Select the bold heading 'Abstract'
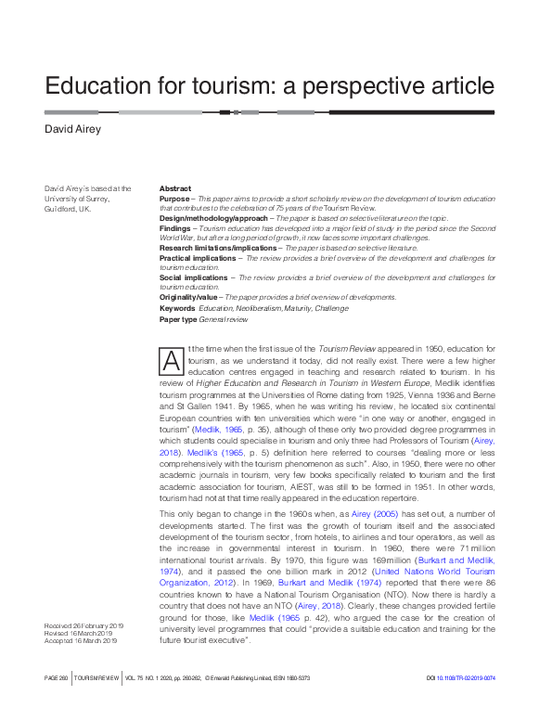174,188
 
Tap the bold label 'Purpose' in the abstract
173,199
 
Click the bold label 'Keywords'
177,307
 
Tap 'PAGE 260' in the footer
57,704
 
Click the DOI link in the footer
476,704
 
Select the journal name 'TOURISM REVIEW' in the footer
97,704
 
